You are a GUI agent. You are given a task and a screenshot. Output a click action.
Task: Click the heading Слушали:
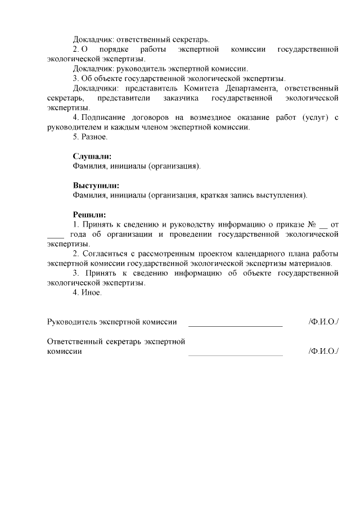[x=92, y=156]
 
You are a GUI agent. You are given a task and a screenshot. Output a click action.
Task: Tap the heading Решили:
[x=89, y=215]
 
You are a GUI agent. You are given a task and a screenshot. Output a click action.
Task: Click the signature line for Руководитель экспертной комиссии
[x=235, y=325]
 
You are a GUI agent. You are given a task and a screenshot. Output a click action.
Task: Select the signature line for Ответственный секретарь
[x=235, y=354]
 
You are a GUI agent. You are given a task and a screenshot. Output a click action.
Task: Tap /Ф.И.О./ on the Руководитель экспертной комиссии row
[x=323, y=322]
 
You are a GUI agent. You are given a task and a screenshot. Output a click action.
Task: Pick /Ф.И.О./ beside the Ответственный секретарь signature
[x=323, y=351]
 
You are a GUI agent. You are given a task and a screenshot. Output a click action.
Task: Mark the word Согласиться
[x=103, y=254]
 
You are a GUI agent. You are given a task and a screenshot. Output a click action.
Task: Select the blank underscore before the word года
[x=56, y=235]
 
